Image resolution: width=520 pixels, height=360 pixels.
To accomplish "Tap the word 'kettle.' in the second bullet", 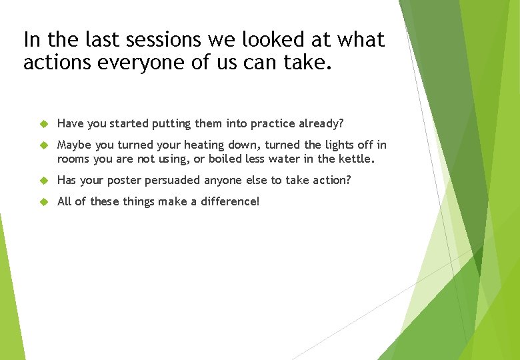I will pyautogui.click(x=357, y=159).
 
